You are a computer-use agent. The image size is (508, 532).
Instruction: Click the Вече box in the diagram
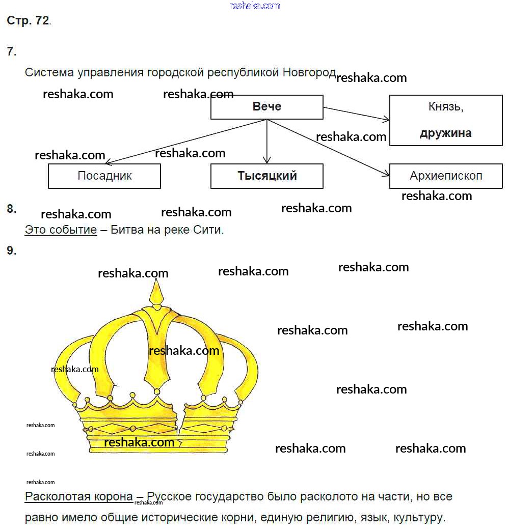(266, 107)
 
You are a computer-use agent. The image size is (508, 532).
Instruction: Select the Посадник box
(104, 176)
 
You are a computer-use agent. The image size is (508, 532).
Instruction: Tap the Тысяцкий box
(266, 176)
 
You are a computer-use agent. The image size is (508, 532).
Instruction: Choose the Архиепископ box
(446, 176)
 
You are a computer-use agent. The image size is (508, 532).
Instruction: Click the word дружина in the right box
(445, 133)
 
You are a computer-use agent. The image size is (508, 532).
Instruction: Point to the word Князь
(445, 107)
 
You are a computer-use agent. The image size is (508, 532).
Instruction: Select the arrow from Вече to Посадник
(183, 143)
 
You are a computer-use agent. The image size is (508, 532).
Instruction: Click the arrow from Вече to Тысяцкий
(266, 143)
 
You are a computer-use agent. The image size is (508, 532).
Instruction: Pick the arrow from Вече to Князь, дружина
(357, 114)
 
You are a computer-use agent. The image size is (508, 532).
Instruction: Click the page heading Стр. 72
(28, 21)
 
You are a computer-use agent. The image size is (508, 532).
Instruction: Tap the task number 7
(12, 51)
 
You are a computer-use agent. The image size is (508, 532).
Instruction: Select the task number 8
(12, 208)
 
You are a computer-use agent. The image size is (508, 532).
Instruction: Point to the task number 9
(12, 250)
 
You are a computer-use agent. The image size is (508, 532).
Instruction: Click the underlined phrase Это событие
(61, 230)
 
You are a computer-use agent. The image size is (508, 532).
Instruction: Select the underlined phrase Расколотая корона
(79, 497)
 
